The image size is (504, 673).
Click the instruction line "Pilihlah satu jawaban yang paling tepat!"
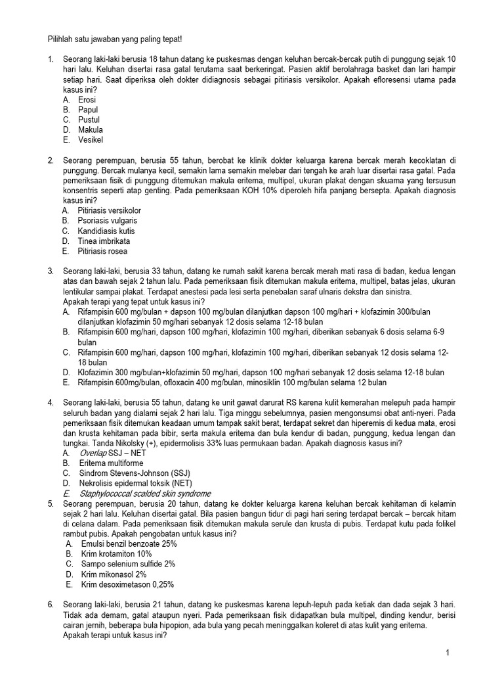coord(115,39)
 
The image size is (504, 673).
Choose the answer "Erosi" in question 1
coord(87,100)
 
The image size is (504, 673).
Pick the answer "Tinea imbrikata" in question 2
coord(104,241)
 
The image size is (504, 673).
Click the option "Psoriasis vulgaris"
coord(107,221)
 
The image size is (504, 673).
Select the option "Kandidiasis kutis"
coord(106,231)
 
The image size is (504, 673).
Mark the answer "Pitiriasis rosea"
coord(102,251)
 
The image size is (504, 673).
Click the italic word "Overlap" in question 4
coord(93,453)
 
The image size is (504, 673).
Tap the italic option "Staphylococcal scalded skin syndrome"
coord(145,494)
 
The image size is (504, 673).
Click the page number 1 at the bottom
coord(447,653)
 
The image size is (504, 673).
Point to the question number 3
coord(51,271)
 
